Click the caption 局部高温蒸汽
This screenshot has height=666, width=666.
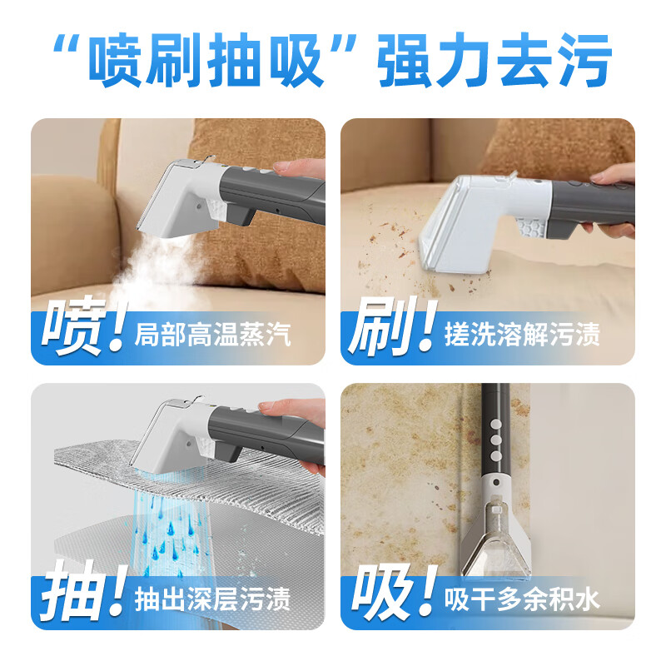[212, 336]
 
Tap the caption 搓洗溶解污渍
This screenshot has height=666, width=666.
[522, 336]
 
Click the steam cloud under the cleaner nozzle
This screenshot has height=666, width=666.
[158, 258]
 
